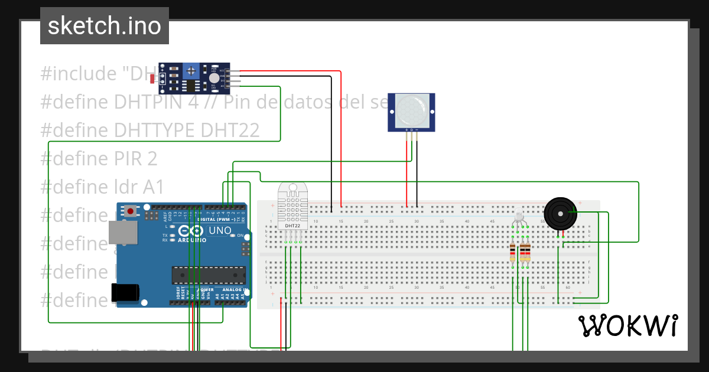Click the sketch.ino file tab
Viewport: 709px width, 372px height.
[104, 26]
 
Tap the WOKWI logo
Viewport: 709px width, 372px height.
[627, 325]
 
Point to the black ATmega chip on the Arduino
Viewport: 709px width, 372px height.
[208, 275]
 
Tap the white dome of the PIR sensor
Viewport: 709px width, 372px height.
[411, 109]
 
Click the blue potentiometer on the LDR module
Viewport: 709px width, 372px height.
[190, 71]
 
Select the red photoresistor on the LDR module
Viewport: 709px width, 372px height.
[153, 79]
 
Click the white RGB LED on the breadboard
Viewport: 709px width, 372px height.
[519, 216]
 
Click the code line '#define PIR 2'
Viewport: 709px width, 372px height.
[99, 158]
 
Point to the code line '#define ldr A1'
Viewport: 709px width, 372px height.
[102, 187]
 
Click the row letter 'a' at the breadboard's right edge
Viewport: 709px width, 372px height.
[589, 226]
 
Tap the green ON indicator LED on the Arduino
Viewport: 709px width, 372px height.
[232, 236]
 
